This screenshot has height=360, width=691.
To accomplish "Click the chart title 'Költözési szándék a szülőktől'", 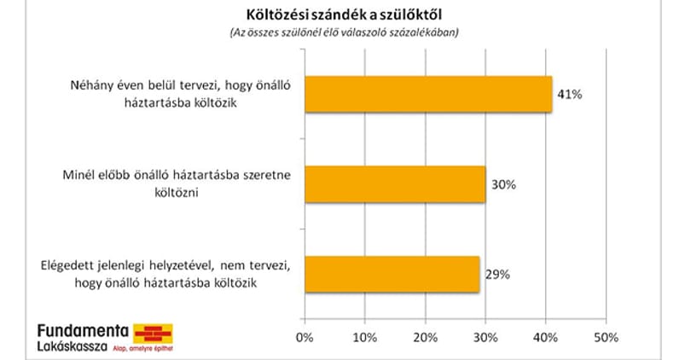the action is (344, 15).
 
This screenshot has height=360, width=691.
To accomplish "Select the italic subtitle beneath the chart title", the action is (344, 32).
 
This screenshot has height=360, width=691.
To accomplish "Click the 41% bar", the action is (428, 95).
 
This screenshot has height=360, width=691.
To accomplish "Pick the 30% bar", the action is (395, 184).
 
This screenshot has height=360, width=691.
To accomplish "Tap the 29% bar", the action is (392, 274).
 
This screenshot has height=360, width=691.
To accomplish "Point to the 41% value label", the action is (569, 95).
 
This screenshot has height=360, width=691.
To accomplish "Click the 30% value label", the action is (503, 184).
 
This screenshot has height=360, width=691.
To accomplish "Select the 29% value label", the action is (497, 274).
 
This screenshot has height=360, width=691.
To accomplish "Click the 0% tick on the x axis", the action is (305, 338).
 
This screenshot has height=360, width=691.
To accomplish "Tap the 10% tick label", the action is (365, 338).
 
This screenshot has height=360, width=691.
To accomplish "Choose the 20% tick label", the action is (426, 338).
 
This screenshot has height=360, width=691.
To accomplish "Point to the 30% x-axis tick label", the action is (485, 338).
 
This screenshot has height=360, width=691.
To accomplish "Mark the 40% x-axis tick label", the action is (546, 338).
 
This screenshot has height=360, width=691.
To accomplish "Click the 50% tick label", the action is (606, 338).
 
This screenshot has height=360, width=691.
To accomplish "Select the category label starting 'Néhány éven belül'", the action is (180, 94).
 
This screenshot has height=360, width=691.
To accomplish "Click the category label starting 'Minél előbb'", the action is (177, 183).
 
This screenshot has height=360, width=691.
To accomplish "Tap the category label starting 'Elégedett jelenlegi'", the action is (165, 274).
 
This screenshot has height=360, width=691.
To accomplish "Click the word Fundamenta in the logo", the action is (83, 331).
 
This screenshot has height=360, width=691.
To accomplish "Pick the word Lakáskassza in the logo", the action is (72, 346).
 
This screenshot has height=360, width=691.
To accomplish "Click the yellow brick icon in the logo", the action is (153, 334).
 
